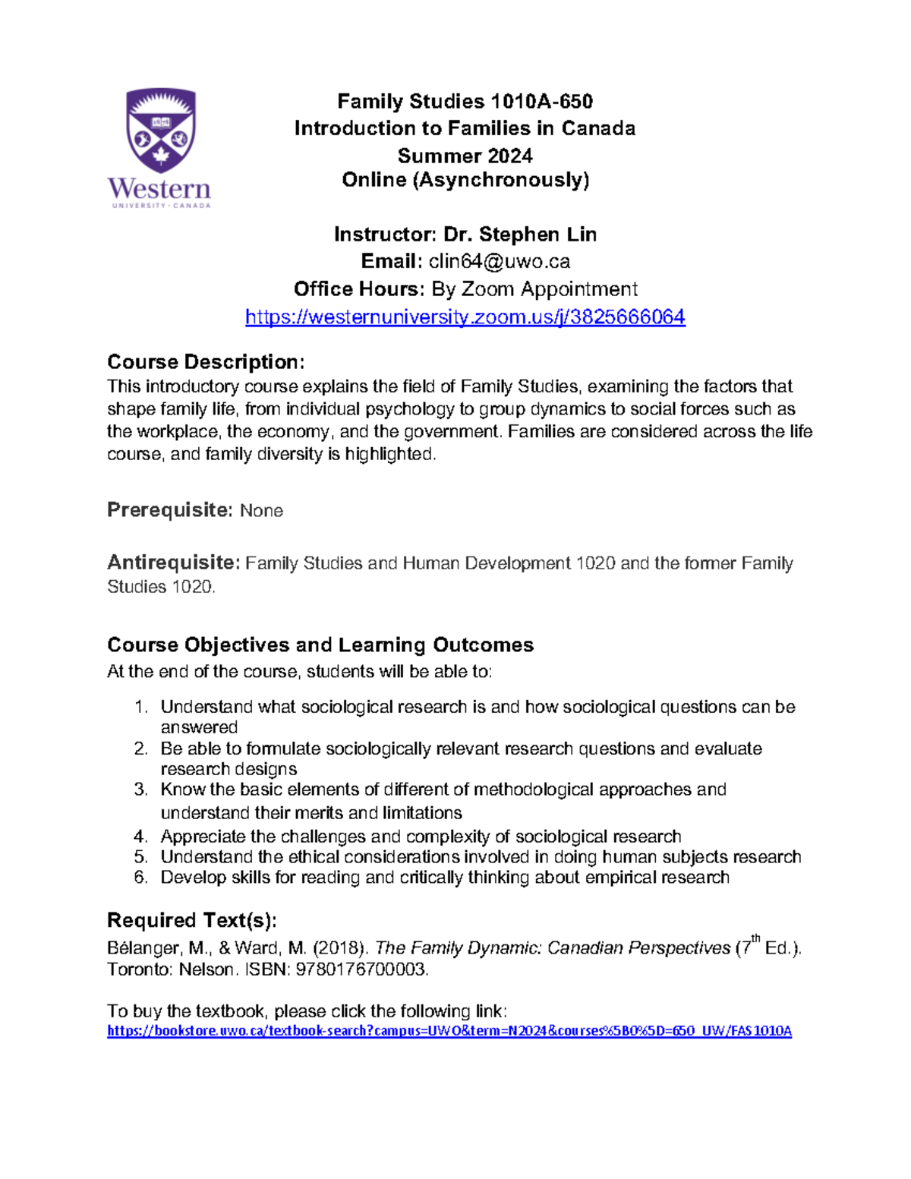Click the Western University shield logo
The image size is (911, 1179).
click(x=160, y=131)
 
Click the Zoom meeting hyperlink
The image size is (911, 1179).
click(x=465, y=317)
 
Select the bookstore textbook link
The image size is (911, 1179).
click(x=449, y=1030)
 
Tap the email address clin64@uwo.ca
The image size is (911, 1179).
click(x=499, y=262)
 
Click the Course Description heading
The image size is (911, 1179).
click(x=206, y=361)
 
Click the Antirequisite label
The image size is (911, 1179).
click(x=174, y=563)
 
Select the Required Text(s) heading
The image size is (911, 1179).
click(x=191, y=920)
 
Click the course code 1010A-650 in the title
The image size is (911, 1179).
click(x=541, y=102)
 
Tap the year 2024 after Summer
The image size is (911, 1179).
click(x=510, y=156)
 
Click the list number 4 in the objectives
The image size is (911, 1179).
click(x=140, y=837)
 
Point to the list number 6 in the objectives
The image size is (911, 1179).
click(x=140, y=878)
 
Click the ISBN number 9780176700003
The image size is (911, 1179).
click(x=361, y=969)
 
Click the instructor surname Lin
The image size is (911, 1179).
click(x=581, y=235)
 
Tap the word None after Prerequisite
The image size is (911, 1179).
click(x=261, y=511)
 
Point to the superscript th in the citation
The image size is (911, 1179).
click(x=755, y=939)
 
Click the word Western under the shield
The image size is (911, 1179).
click(x=159, y=188)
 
